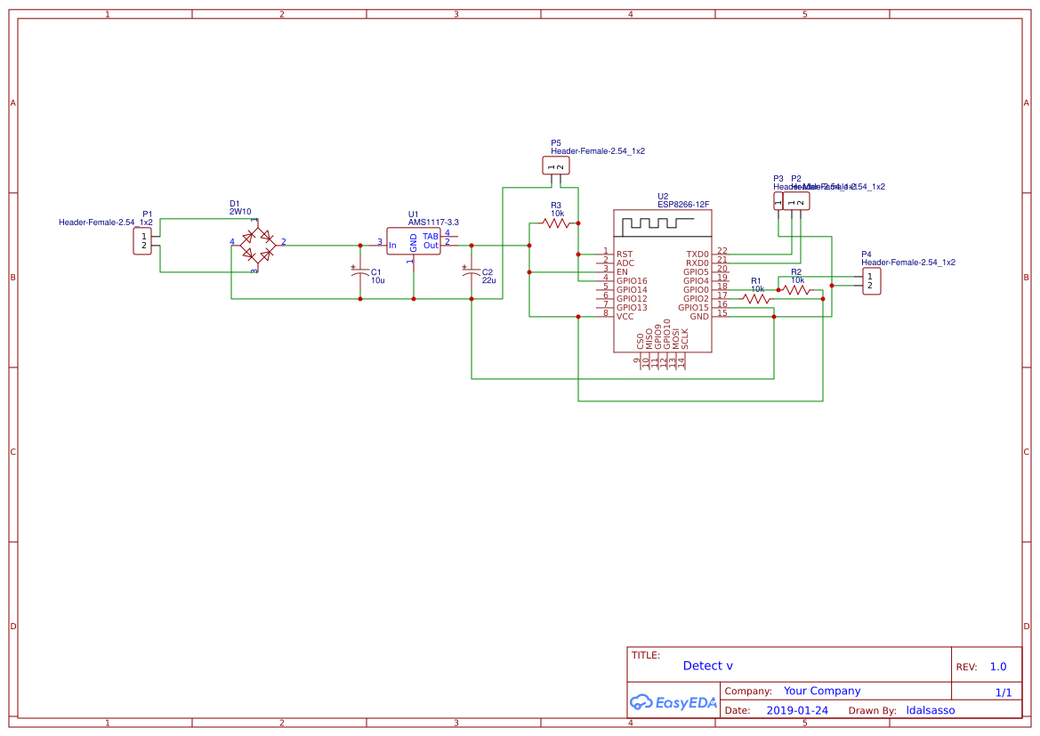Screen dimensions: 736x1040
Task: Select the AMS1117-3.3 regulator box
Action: tap(414, 241)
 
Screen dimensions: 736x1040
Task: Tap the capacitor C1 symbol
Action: tap(360, 273)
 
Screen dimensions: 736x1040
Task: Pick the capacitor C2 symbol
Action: tap(472, 273)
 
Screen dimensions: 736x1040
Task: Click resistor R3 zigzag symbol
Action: tap(557, 223)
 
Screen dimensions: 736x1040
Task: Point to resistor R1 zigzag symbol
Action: tap(757, 299)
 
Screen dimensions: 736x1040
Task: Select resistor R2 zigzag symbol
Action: tap(796, 289)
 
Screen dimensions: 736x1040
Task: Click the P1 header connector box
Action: tap(143, 241)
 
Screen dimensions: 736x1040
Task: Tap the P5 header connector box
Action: tap(555, 166)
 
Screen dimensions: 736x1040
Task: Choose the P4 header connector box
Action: tap(871, 281)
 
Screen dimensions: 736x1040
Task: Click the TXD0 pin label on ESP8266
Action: tap(697, 255)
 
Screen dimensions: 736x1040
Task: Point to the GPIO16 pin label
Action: tap(633, 281)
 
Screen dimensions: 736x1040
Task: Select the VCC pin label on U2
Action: tap(625, 317)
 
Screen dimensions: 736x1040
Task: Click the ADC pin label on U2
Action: tap(625, 263)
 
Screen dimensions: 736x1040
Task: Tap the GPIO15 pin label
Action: tap(693, 308)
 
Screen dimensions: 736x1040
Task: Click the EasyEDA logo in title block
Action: tap(673, 702)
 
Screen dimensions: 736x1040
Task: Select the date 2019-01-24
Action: tap(797, 710)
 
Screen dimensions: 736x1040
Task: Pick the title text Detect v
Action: tap(708, 666)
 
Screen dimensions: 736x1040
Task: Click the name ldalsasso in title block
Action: tap(930, 710)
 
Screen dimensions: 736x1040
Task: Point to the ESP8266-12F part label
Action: tap(683, 204)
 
